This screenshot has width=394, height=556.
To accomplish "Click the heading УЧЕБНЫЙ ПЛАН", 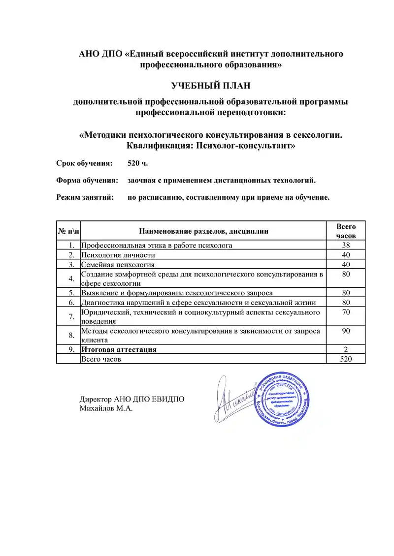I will [x=211, y=86].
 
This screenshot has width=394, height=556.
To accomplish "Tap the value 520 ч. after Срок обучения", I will [x=137, y=163].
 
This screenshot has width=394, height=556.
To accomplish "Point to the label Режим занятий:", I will [x=85, y=197].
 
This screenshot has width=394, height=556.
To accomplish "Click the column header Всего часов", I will [x=346, y=231].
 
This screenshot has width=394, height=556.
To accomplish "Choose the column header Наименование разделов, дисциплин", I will [x=204, y=231].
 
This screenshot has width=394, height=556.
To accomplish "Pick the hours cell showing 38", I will [x=346, y=245].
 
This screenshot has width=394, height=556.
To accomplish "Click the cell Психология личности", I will [x=118, y=255].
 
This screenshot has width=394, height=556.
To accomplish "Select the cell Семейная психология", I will [x=118, y=265].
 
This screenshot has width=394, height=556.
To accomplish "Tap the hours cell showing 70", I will [x=346, y=312].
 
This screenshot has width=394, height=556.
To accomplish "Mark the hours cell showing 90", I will [x=346, y=331].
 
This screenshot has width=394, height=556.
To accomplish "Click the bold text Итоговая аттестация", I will [x=119, y=349].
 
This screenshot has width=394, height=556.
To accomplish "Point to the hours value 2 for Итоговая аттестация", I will [x=346, y=349].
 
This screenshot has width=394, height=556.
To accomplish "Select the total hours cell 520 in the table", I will [x=346, y=359].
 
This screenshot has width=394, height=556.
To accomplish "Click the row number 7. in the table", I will [x=72, y=316].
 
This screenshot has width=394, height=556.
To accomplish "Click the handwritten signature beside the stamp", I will [x=231, y=396].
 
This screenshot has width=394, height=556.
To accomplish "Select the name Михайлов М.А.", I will [x=106, y=408].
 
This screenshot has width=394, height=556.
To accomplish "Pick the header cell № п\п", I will [x=68, y=231].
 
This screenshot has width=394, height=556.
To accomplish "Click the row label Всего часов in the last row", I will [x=101, y=359].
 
